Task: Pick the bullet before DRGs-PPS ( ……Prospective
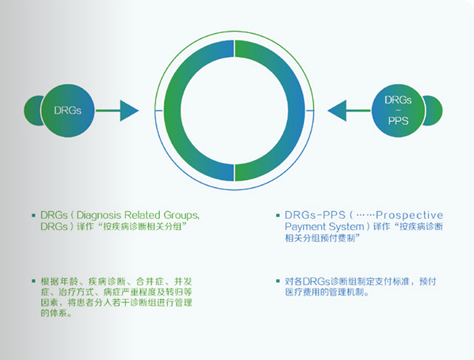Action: [278, 215]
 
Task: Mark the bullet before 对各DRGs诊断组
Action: [278, 280]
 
